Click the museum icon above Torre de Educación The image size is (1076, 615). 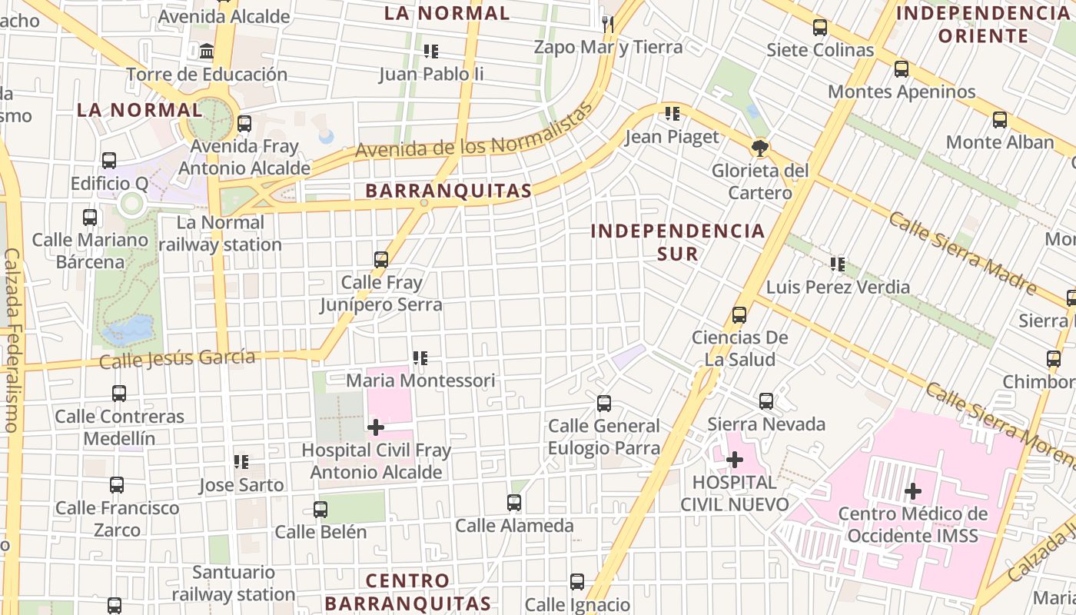coord(207,52)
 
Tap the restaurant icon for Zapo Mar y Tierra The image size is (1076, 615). coord(608,24)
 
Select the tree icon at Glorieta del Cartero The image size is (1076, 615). coord(761,148)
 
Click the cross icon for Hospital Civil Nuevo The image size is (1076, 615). coord(735,460)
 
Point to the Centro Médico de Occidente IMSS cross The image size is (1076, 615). coord(913,490)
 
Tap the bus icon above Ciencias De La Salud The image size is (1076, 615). coord(739,314)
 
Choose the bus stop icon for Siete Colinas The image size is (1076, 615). coord(820,28)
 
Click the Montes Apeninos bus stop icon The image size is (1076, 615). coord(902,69)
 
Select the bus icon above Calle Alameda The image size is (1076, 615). coord(514,503)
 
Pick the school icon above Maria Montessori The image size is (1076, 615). coord(420,358)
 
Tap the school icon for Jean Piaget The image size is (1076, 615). coord(672,115)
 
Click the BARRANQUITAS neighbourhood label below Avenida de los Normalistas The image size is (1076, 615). coord(448,191)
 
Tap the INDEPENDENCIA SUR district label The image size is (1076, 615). coord(678,241)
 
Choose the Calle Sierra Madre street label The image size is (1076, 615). coord(964,252)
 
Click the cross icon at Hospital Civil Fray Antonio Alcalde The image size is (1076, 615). coord(376,427)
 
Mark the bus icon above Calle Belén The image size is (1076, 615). coord(320,509)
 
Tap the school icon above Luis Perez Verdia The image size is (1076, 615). coord(838,264)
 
